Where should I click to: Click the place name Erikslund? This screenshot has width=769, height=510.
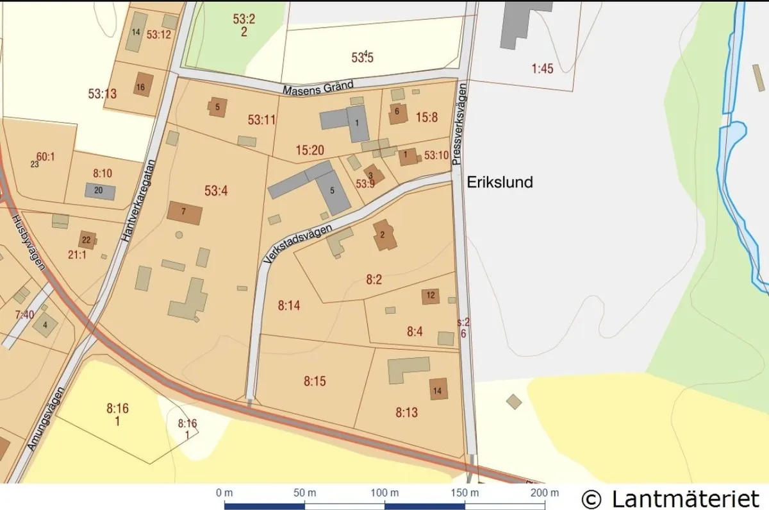(x=499, y=182)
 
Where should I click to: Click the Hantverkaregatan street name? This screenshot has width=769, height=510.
(x=139, y=200)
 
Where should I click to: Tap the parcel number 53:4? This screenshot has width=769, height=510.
(x=216, y=190)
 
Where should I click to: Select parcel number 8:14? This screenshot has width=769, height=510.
(x=289, y=306)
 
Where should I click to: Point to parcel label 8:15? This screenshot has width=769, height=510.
(x=315, y=381)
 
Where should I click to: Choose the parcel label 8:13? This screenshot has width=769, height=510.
(x=407, y=412)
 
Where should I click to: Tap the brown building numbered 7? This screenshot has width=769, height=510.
(x=185, y=212)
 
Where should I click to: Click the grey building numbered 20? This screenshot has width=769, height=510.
(x=100, y=191)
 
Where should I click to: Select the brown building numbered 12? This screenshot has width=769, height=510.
(x=431, y=296)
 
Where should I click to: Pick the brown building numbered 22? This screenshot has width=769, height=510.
(x=87, y=241)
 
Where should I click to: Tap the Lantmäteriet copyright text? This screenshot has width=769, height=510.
(x=670, y=497)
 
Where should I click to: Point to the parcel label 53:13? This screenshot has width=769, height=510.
(x=102, y=94)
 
